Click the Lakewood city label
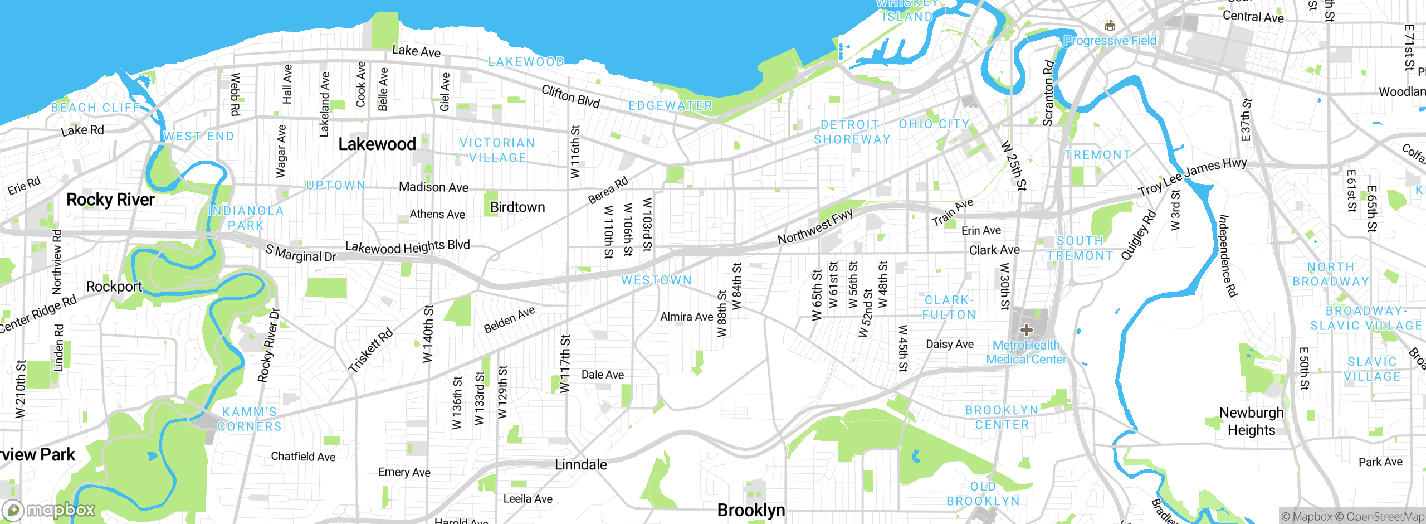pos(377,144)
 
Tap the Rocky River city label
pos(110,200)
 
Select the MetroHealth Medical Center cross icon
pos(1026,330)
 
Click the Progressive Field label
pos(1110,41)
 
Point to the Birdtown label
pos(517,207)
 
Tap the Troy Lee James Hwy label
pos(1192,177)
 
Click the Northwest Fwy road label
pos(815,227)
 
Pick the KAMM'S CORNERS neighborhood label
pos(250,419)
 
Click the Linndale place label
pos(580,464)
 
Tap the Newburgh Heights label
pos(1251,421)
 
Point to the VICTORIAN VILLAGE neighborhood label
pos(497,151)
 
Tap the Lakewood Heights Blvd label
pos(407,246)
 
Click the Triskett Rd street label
pos(370,351)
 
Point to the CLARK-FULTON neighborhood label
pos(949,308)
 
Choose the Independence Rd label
pos(1228,255)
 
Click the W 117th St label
pos(565,363)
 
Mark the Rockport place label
pos(114,287)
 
